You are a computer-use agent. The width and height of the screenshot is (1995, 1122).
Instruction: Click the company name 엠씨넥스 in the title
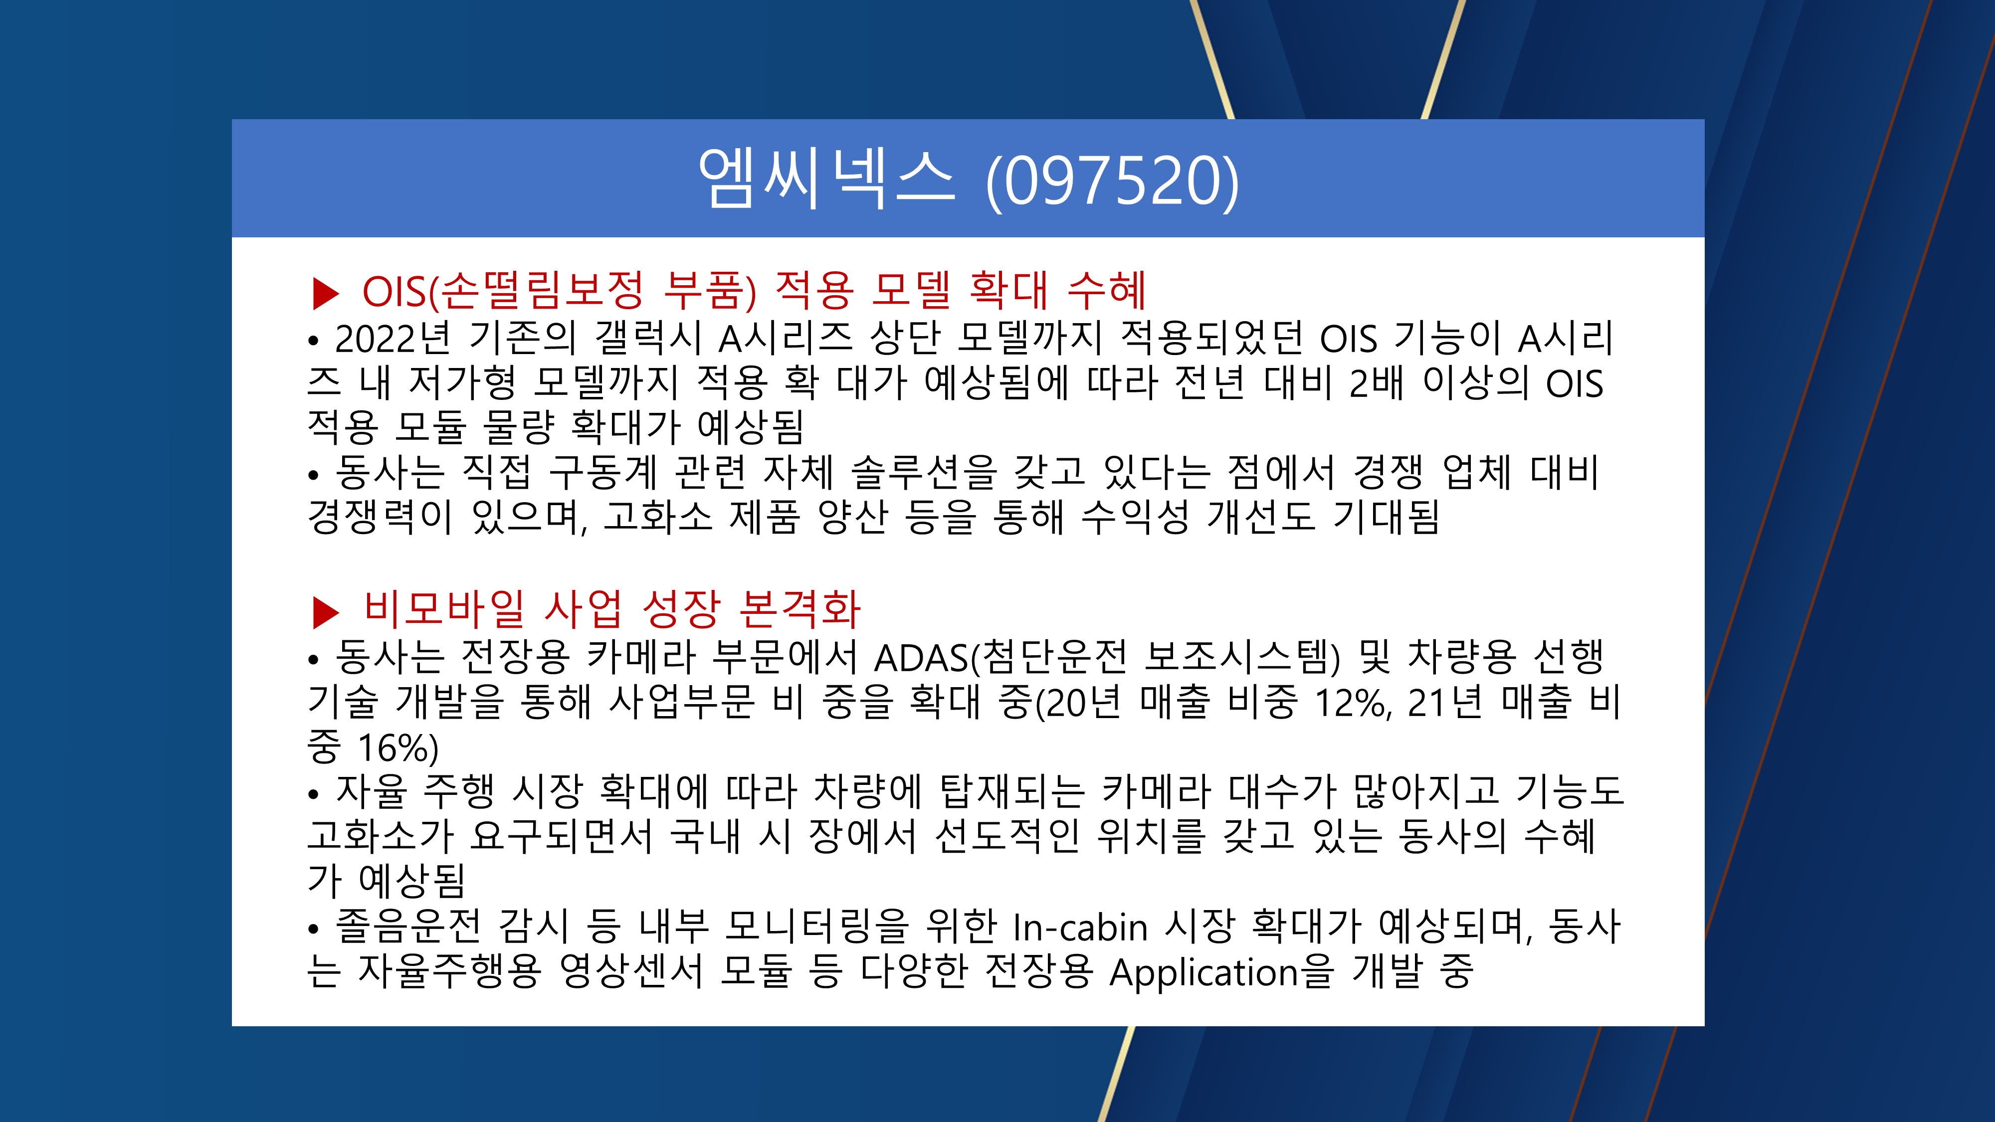pos(826,179)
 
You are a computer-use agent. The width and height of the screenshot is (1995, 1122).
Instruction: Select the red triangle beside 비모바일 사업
pos(325,612)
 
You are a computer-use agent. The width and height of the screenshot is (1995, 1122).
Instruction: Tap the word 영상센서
pos(631,971)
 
